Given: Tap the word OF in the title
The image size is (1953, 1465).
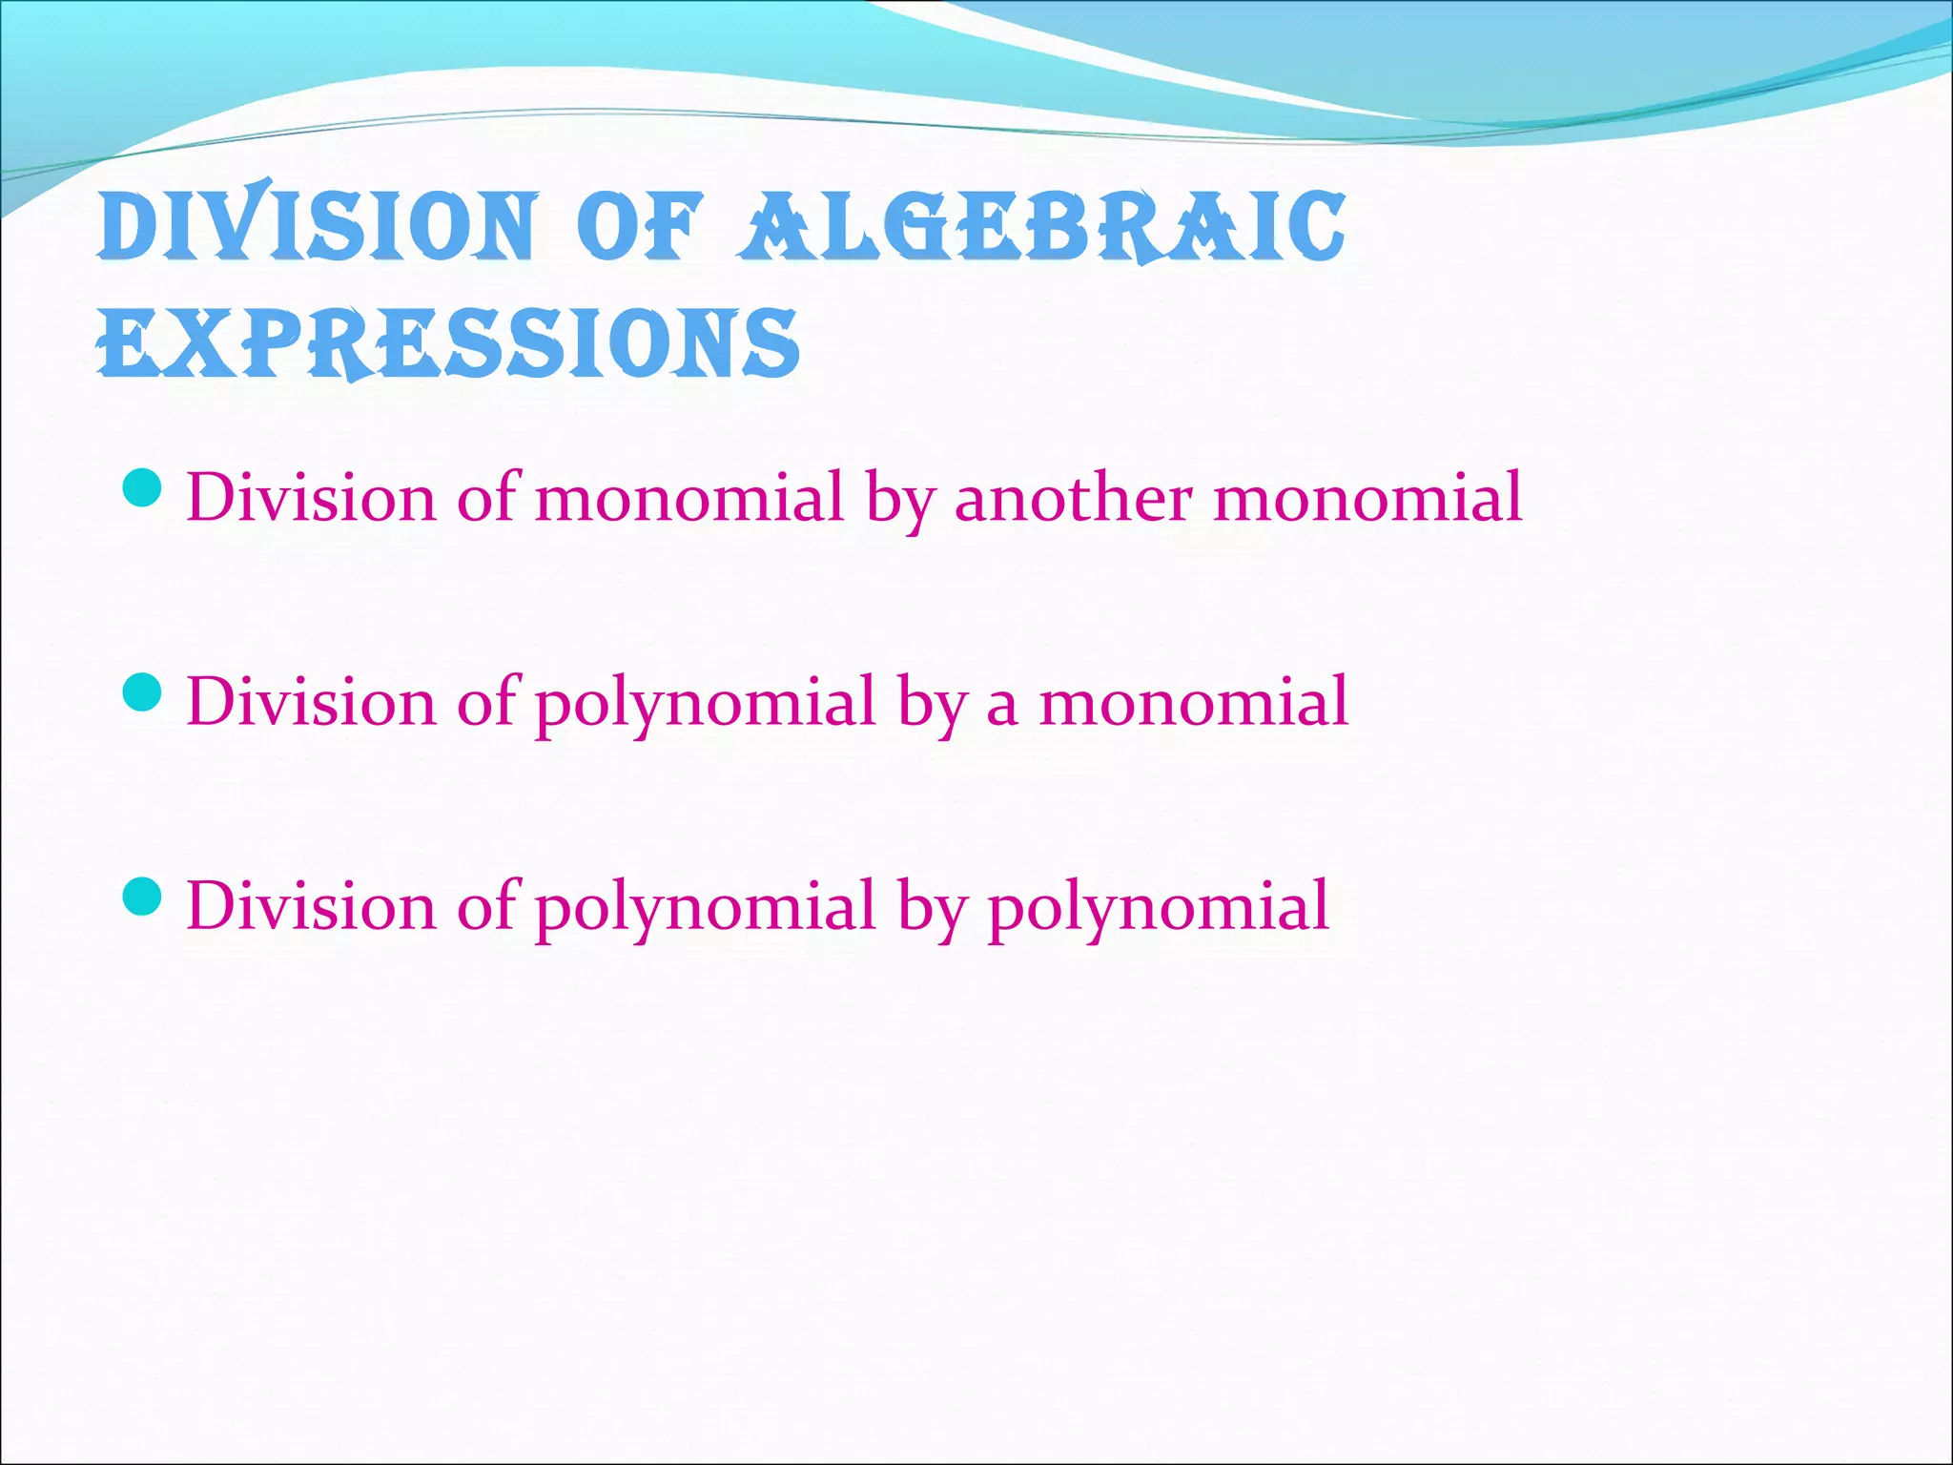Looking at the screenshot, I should pos(640,227).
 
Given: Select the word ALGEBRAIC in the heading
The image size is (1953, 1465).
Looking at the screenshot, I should pos(1043,227).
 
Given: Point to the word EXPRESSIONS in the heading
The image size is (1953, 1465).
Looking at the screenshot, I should pos(448,343).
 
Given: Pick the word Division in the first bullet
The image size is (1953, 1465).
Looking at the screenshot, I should pos(310,498).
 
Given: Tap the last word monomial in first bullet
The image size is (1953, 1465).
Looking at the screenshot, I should pos(1367,498).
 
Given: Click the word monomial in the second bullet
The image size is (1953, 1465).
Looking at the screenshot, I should pos(1193,702).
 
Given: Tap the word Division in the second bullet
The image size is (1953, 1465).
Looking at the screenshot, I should pos(310,702).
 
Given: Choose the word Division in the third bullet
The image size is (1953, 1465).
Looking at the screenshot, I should pos(310,906).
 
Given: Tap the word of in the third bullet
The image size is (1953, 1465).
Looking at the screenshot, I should pos(486,906).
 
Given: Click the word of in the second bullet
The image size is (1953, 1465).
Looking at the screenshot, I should pos(486,702).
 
